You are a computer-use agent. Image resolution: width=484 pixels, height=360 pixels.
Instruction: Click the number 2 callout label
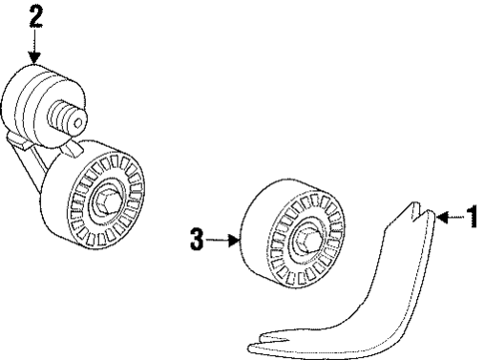pyautogui.click(x=37, y=16)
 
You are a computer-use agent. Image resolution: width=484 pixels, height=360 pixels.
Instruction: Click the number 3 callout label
pyautogui.click(x=197, y=238)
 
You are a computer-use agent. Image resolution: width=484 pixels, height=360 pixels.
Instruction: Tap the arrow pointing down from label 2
pyautogui.click(x=37, y=48)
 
